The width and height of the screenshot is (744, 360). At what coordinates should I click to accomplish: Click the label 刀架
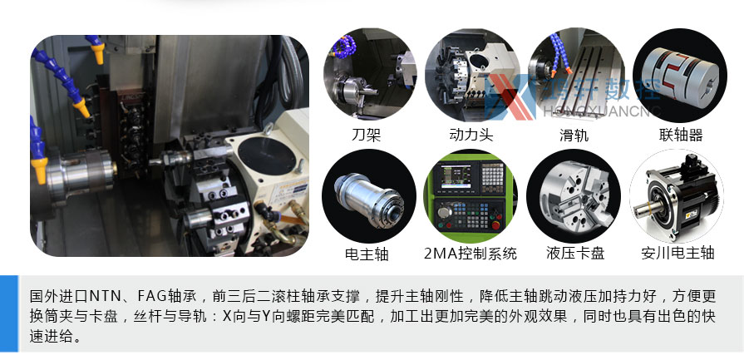point(367,134)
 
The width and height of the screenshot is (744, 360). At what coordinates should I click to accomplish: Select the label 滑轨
point(574,134)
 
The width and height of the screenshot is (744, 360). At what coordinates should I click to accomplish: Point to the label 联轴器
point(681,134)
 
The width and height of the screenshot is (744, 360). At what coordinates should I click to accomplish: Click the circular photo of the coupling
point(681,76)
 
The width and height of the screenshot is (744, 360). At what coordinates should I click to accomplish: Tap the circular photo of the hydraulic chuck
point(574,196)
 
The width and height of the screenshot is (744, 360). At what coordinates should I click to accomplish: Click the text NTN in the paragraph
point(106,297)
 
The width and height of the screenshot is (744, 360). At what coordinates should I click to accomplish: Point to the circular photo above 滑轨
point(576,76)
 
